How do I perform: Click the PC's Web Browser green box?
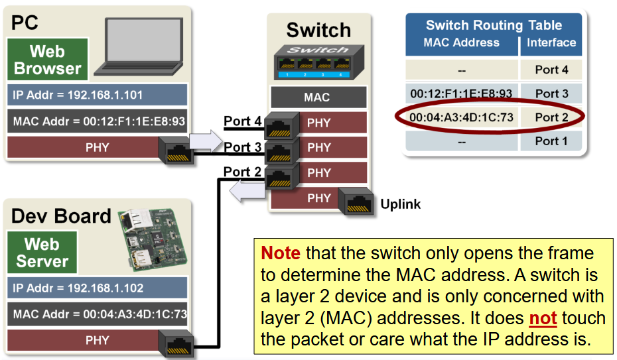(48, 60)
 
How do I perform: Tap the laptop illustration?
(139, 46)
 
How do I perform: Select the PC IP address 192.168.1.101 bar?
(97, 95)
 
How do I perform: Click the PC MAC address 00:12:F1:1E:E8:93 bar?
(97, 121)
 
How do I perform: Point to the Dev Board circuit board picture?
(153, 240)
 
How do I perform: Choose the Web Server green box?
(42, 253)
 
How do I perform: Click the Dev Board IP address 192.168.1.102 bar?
(97, 288)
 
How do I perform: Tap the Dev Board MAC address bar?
(97, 314)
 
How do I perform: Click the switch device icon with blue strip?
(318, 62)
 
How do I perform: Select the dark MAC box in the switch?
(318, 97)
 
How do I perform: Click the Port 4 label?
(242, 121)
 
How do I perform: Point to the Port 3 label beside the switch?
(242, 147)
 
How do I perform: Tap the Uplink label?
(401, 204)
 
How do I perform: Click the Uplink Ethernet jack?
(356, 202)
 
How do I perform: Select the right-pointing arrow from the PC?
(206, 141)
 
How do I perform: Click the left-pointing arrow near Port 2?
(247, 191)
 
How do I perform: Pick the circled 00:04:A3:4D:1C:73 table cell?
(462, 117)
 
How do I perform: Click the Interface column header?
(551, 42)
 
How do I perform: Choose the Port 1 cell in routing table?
(551, 141)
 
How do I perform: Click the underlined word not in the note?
(543, 318)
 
